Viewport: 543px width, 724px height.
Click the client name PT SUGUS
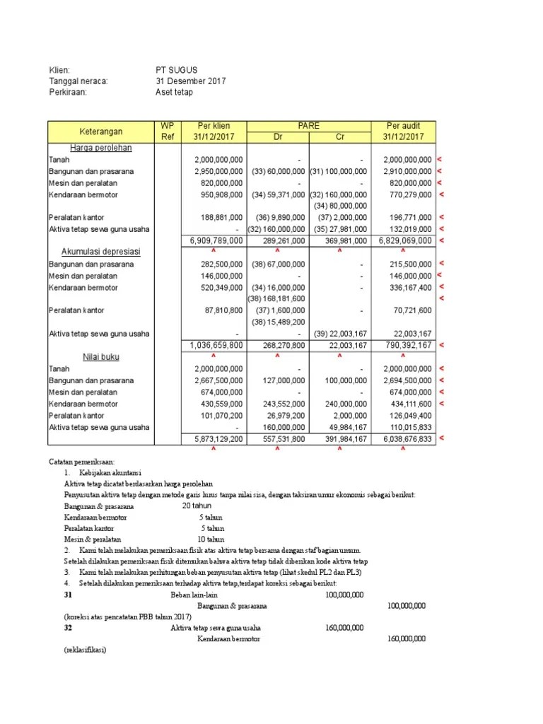[177, 70]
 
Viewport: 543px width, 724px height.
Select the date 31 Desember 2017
[190, 81]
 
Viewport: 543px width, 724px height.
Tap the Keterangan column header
[101, 131]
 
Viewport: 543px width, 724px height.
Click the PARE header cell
[308, 126]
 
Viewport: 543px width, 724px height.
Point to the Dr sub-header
[278, 136]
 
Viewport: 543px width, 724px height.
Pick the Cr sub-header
[339, 136]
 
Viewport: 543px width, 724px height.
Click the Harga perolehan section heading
[101, 148]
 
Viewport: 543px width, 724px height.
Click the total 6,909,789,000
[216, 241]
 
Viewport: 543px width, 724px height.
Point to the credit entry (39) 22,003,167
[340, 334]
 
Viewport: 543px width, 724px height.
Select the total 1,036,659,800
[216, 345]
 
